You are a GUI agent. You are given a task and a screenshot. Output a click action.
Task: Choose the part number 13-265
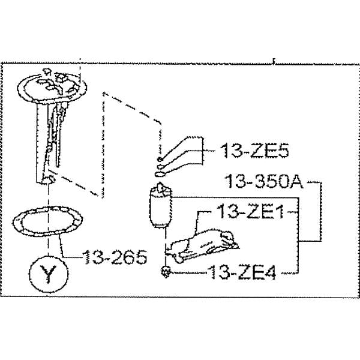(x=115, y=259)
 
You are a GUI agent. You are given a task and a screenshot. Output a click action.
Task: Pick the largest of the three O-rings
(x=161, y=174)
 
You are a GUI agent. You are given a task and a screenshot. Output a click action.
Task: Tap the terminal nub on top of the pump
(x=161, y=189)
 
